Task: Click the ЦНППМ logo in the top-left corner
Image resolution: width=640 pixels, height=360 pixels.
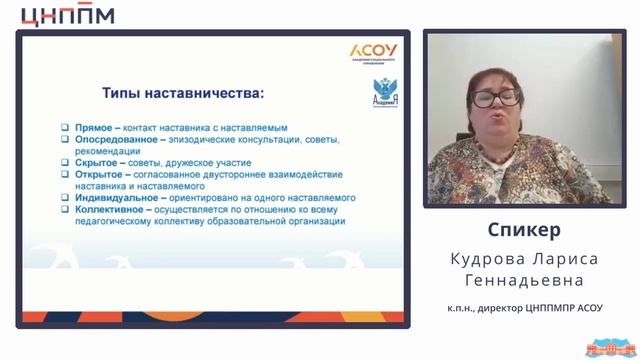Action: tap(67, 15)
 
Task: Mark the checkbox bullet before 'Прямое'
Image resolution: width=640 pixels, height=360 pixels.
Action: tap(64, 128)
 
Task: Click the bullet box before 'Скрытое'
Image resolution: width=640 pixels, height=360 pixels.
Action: tap(64, 162)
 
